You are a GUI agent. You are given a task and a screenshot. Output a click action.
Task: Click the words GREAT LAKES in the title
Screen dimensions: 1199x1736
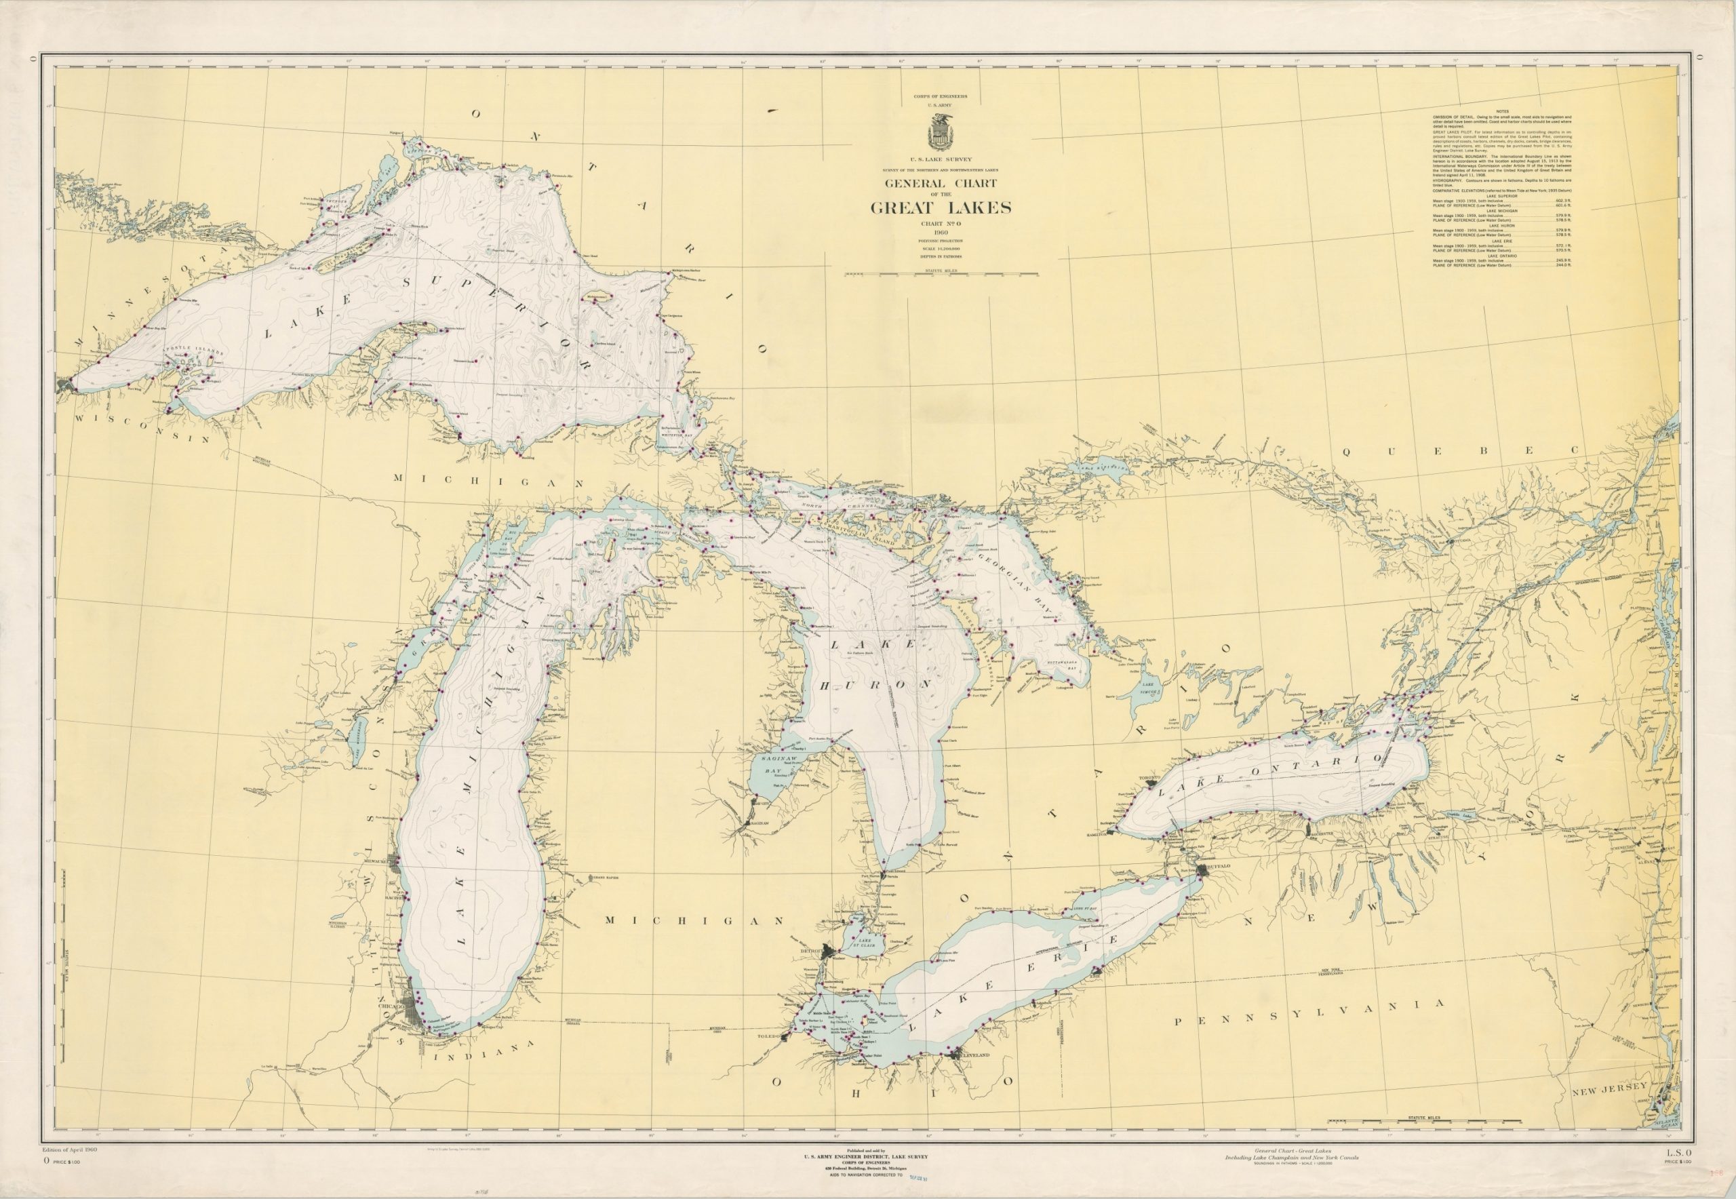pos(941,208)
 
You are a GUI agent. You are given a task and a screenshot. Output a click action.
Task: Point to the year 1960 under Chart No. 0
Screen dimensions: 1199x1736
pos(941,232)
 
